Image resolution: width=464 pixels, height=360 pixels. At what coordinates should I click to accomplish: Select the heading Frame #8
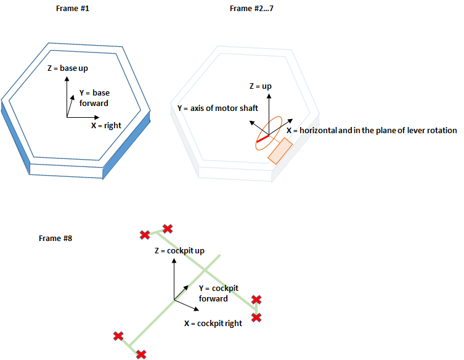(55, 238)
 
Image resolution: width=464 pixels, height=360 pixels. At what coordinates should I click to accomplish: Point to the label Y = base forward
(94, 98)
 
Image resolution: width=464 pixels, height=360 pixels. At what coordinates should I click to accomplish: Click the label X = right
(106, 125)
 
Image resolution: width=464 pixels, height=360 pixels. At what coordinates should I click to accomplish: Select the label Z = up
(260, 86)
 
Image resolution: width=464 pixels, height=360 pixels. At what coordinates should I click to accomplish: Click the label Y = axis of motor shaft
(218, 108)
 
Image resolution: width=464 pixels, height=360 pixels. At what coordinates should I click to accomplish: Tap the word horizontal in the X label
(320, 130)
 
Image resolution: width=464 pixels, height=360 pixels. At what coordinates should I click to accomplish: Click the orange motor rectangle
(280, 151)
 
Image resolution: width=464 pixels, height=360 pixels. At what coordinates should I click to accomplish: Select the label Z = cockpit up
(179, 251)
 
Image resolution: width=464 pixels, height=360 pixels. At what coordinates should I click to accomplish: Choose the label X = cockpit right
(213, 323)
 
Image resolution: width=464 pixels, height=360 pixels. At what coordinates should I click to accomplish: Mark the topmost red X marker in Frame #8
(167, 229)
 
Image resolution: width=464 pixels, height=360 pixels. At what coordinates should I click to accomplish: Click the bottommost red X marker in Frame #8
(141, 354)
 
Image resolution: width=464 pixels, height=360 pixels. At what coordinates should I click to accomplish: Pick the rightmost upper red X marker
(256, 300)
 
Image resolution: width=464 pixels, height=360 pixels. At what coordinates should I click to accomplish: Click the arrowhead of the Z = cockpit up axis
(175, 261)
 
